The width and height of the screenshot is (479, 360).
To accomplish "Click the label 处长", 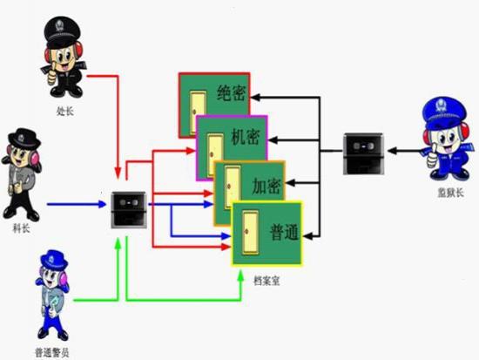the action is pyautogui.click(x=64, y=111).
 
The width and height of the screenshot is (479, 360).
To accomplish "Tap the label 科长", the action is pyautogui.click(x=21, y=228).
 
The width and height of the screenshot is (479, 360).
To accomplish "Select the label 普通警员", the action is pyautogui.click(x=52, y=353).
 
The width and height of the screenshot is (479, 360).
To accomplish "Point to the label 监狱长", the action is pyautogui.click(x=450, y=193).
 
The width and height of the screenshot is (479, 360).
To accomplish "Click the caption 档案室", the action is pyautogui.click(x=266, y=281).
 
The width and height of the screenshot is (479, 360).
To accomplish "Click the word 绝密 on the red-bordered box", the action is pyautogui.click(x=232, y=92).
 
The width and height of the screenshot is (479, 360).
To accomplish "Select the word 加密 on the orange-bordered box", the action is pyautogui.click(x=266, y=186).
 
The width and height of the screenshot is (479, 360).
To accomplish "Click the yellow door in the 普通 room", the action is pyautogui.click(x=250, y=233).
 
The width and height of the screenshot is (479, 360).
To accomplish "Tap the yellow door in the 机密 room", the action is pyautogui.click(x=215, y=155).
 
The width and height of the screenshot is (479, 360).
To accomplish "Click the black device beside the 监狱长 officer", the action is pyautogui.click(x=363, y=153).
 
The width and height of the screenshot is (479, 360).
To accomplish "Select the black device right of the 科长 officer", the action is pyautogui.click(x=129, y=210).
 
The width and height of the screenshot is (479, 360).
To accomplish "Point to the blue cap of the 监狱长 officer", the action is pyautogui.click(x=444, y=112).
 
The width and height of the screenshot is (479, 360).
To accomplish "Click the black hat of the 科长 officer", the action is pyautogui.click(x=24, y=139).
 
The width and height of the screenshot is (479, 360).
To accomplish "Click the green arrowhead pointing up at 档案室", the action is pyautogui.click(x=240, y=275).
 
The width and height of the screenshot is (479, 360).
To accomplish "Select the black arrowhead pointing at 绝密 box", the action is pyautogui.click(x=255, y=98).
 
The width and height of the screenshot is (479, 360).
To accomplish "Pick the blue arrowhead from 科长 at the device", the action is pyautogui.click(x=103, y=204).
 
